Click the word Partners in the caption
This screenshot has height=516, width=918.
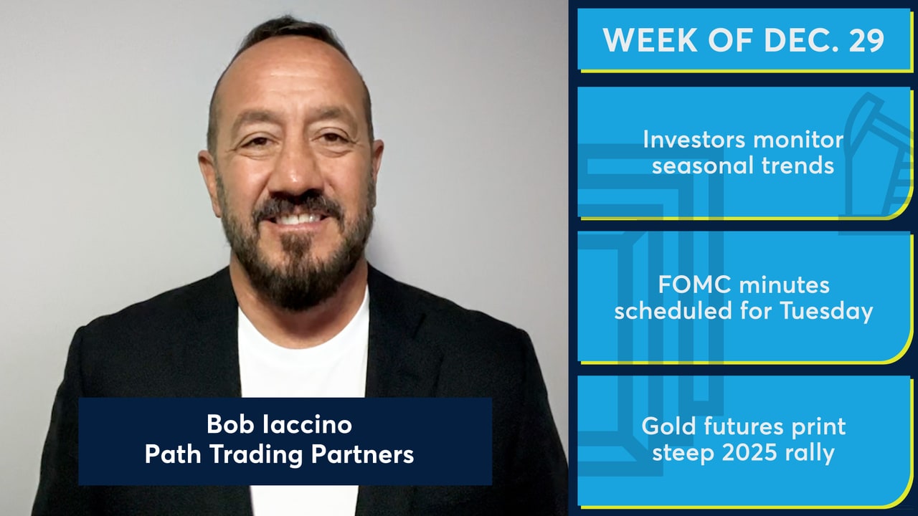(363, 454)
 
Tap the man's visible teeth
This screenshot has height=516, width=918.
(299, 219)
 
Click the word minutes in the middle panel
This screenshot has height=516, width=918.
(785, 285)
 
